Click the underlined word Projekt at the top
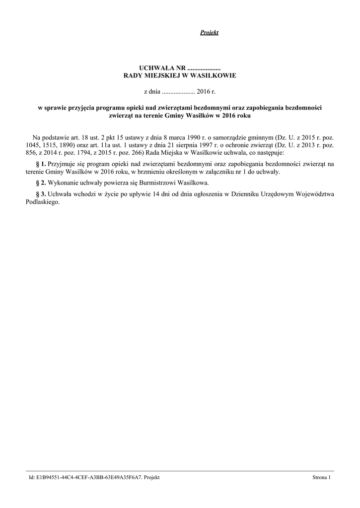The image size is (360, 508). pos(209,33)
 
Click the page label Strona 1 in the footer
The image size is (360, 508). pos(321,477)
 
